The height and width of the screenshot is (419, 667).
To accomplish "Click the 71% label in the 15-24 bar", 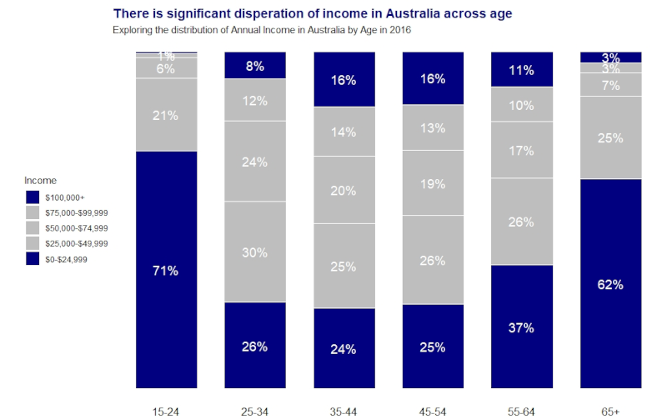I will point(166,271).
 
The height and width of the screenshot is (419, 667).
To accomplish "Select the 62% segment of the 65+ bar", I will point(610,284).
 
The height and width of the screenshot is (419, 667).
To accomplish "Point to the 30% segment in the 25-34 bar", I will point(255,252).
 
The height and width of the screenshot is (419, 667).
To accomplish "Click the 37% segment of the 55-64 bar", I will point(521,327).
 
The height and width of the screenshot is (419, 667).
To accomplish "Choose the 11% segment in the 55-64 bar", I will point(521,70).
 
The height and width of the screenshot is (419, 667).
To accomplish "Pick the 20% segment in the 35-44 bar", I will point(344,191).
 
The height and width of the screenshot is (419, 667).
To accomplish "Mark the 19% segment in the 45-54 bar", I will point(433,184).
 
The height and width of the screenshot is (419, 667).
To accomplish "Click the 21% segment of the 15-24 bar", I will point(166,116).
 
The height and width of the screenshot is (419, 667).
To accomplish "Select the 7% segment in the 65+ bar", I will point(610,85).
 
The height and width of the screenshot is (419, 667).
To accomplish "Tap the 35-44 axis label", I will point(344,412).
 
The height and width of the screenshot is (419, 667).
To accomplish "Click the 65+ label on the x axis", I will point(610,412).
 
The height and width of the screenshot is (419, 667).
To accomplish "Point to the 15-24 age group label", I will point(166,412).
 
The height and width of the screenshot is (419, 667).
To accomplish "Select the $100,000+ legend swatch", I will point(33,197).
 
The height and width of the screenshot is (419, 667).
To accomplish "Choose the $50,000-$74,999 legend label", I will point(78,227).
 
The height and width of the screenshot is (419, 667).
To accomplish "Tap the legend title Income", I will point(40,180).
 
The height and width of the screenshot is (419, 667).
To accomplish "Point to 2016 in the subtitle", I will point(399,30).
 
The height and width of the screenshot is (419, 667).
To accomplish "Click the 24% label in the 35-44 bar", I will point(344,349).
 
